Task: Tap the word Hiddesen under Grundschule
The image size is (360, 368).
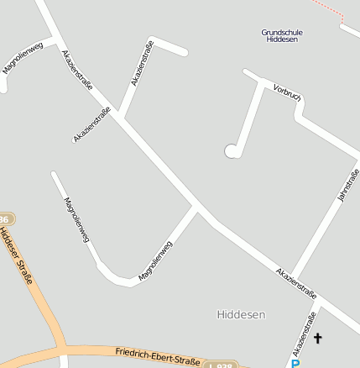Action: pyautogui.click(x=282, y=40)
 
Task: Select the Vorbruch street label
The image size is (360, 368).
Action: pyautogui.click(x=287, y=93)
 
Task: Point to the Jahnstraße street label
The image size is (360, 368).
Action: pyautogui.click(x=347, y=184)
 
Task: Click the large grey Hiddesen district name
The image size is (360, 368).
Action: pyautogui.click(x=241, y=315)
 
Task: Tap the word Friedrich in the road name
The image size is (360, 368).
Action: pyautogui.click(x=134, y=354)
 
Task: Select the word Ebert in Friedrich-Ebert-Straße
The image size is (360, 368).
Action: pyautogui.click(x=162, y=357)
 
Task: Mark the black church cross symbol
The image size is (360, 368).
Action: pyautogui.click(x=317, y=339)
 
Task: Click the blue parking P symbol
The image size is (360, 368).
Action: pyautogui.click(x=295, y=363)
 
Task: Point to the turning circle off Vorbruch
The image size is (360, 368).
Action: pyautogui.click(x=232, y=151)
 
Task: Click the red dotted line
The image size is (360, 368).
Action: pyautogui.click(x=332, y=10)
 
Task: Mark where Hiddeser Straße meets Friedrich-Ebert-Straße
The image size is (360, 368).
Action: pyautogui.click(x=63, y=347)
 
